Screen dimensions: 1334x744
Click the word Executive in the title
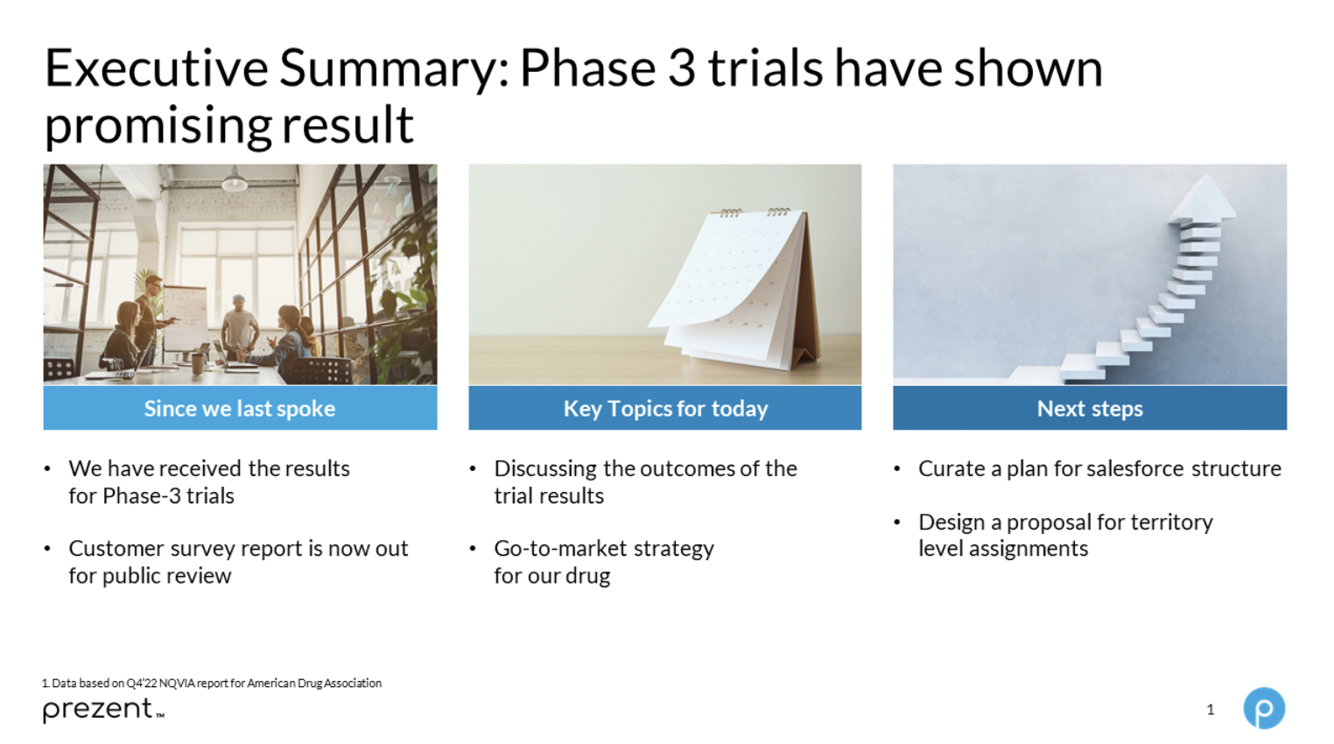(x=157, y=68)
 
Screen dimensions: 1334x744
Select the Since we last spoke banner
(x=240, y=408)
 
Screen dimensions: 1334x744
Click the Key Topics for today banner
(x=665, y=408)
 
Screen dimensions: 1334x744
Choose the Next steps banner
(x=1090, y=408)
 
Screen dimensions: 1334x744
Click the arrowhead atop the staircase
(x=1204, y=199)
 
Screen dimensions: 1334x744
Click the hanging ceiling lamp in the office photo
(x=235, y=179)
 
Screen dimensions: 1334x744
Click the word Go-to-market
(x=561, y=549)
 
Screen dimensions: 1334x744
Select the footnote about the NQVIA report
(x=212, y=683)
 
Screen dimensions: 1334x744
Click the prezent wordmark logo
(x=103, y=710)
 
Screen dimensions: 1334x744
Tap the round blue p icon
(x=1264, y=708)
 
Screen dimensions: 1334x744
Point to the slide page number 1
(x=1210, y=710)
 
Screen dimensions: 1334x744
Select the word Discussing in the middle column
(x=545, y=469)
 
